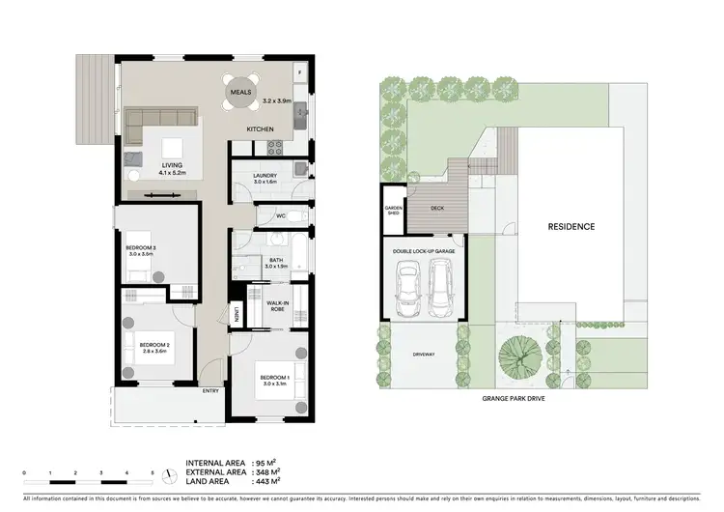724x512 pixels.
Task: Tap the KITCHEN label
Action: click(x=261, y=129)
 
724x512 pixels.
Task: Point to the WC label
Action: click(x=280, y=216)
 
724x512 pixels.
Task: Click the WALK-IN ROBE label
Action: click(x=279, y=305)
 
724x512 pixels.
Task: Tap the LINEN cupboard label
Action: click(x=236, y=315)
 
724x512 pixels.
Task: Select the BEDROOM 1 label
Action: click(x=274, y=377)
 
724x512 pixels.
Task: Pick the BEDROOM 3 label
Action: click(x=140, y=248)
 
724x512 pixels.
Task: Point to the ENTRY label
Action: click(x=210, y=390)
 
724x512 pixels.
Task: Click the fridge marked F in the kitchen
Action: click(x=299, y=73)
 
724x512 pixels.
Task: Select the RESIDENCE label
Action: click(x=571, y=227)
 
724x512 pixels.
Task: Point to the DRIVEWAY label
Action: click(x=423, y=355)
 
